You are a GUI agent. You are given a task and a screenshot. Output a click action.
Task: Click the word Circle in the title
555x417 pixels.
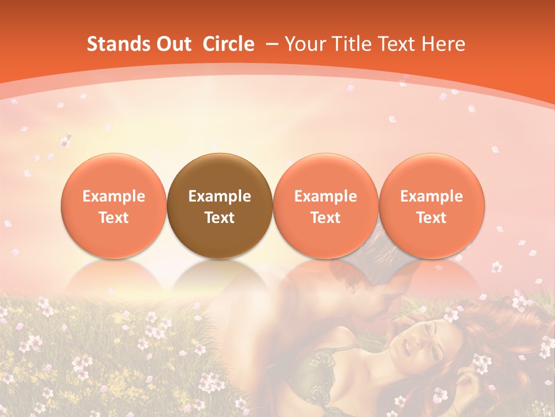point(228,44)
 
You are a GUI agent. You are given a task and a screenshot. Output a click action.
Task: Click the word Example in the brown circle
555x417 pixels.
point(220,196)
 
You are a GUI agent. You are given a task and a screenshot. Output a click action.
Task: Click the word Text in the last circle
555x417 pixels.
point(432,218)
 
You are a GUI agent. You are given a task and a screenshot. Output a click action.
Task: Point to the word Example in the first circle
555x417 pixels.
point(113,196)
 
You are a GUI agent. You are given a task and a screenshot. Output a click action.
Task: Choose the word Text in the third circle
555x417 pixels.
point(325,218)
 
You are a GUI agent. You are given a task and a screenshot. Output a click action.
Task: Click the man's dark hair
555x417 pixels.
point(370,255)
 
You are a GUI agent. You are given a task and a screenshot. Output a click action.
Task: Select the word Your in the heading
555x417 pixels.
point(304,44)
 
